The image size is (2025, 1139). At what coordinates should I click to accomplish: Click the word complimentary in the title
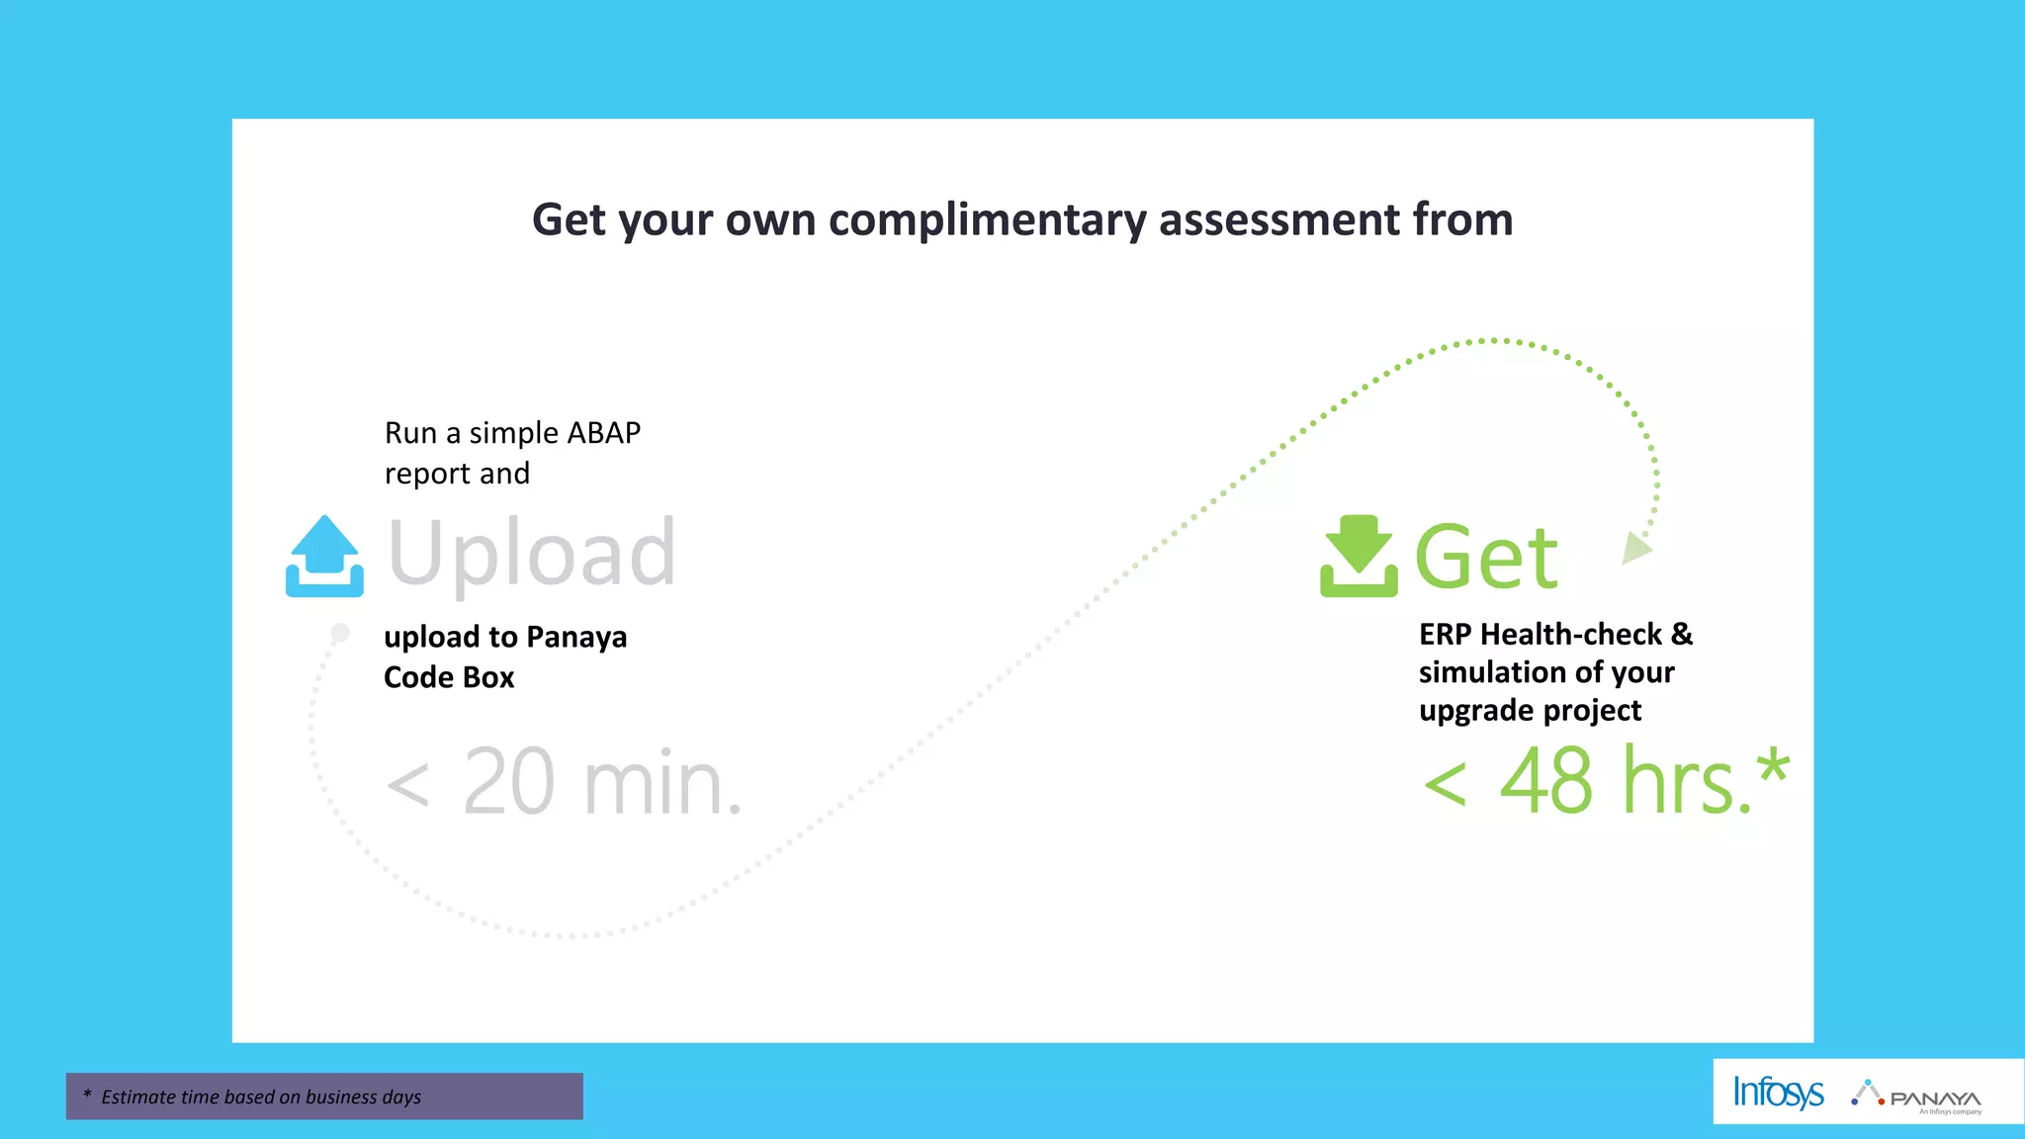pos(987,219)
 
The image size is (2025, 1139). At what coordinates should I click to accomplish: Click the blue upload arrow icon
pos(324,556)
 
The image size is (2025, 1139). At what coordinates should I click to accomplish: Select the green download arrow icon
pos(1359,556)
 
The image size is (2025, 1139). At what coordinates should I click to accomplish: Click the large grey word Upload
pos(532,554)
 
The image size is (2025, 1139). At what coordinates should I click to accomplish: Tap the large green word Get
pos(1486,558)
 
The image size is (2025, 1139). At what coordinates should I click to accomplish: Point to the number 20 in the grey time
pos(508,782)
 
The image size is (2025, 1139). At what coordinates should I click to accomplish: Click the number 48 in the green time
pos(1546,782)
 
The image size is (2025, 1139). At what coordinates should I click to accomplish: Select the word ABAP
pos(603,433)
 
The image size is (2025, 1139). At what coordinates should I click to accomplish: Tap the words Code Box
pos(449,678)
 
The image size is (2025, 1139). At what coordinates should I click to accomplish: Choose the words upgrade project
pos(1530,711)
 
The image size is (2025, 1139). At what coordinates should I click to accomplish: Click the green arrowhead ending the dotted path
pos(1637,548)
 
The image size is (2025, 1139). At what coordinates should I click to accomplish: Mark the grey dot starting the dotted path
pos(340,633)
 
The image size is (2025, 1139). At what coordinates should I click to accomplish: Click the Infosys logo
pos(1778,1093)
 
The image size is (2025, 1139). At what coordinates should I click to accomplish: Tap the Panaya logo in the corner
pos(1918,1095)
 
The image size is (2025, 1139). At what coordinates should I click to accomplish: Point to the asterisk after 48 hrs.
pos(1773,767)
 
